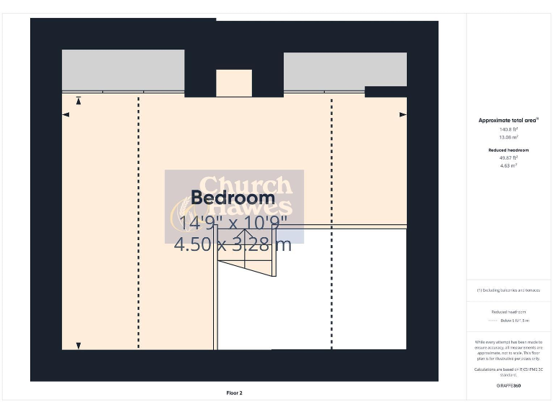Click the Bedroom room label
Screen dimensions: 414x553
coord(233,198)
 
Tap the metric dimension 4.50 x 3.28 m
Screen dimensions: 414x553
coord(233,244)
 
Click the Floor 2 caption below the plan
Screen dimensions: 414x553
coord(234,393)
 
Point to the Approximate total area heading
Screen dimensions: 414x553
coord(508,120)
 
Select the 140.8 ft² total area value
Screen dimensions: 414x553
coord(508,129)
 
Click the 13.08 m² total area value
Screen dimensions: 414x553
coord(508,137)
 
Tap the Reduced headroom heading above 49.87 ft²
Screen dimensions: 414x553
coord(508,149)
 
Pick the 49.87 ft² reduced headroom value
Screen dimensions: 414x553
coord(508,158)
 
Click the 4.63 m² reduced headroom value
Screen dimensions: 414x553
coord(508,165)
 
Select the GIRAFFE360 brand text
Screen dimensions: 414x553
coord(508,386)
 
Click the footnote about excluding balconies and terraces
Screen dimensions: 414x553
coord(508,290)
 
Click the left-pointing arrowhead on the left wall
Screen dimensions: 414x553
coord(66,114)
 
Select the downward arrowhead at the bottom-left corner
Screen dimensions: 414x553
coord(78,346)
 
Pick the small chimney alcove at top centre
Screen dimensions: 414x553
coord(234,83)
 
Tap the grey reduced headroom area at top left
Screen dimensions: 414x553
coord(122,70)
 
